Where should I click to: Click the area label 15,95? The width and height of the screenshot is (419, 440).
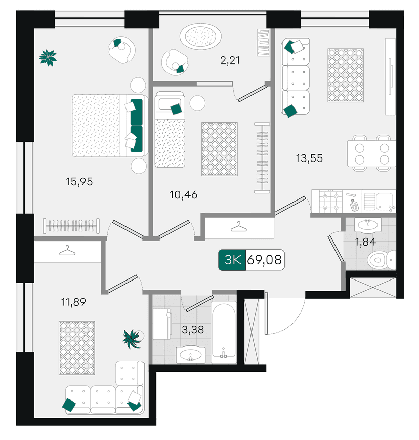click(79, 182)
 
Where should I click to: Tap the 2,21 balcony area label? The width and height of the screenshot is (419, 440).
click(230, 60)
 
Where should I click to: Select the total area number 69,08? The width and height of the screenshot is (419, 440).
click(264, 260)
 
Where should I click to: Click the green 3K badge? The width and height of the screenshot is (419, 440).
click(232, 260)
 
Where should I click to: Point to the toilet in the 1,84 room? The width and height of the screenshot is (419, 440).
click(382, 260)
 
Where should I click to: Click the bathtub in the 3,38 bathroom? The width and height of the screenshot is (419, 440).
click(224, 333)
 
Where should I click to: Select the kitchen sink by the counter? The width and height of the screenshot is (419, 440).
click(379, 201)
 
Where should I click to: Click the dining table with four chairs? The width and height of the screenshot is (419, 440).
click(371, 153)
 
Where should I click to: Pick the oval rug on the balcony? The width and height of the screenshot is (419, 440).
click(200, 36)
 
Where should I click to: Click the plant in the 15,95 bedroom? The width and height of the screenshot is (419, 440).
click(48, 58)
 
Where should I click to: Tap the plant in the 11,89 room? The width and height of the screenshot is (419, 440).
click(132, 339)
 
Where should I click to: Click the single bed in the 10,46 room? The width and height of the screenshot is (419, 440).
click(170, 129)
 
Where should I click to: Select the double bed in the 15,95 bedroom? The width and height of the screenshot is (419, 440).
click(110, 126)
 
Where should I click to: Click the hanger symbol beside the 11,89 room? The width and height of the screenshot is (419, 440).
click(67, 251)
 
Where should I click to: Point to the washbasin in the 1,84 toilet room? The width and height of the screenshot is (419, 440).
click(368, 225)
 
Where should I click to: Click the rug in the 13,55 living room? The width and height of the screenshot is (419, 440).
click(346, 75)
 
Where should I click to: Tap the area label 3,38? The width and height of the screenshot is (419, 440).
click(193, 330)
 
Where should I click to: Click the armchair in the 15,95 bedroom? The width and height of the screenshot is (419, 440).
click(122, 50)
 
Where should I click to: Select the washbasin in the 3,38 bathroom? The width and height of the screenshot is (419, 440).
click(191, 355)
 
